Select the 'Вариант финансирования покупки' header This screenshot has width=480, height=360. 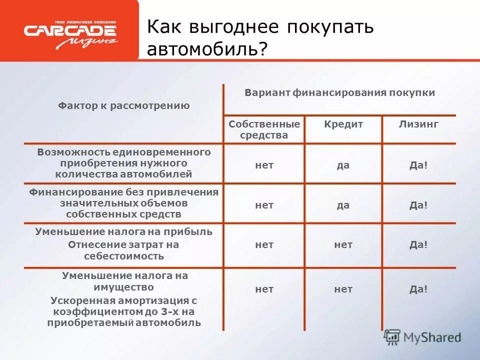click(339, 93)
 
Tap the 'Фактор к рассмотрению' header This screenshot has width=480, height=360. click(123, 105)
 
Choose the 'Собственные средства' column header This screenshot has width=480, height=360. click(264, 129)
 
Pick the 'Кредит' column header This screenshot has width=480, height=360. click(343, 124)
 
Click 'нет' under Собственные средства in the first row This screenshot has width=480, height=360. click(264, 165)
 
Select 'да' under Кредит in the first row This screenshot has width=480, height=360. click(343, 165)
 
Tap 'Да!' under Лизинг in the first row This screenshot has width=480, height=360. click(418, 165)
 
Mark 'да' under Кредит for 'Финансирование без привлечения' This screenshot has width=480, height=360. click(343, 205)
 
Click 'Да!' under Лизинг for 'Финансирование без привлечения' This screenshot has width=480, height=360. click(418, 205)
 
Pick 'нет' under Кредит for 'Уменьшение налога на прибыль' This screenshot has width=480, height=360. click(343, 245)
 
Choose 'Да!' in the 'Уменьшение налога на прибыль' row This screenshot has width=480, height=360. click(418, 245)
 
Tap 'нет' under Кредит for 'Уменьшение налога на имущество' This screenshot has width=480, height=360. click(343, 289)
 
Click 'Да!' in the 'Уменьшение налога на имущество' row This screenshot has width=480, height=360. click(418, 289)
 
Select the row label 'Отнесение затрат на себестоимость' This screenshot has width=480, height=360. click(123, 250)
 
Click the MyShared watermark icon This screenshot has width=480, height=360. click(392, 337)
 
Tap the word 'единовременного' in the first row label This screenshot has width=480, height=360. click(169, 152)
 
